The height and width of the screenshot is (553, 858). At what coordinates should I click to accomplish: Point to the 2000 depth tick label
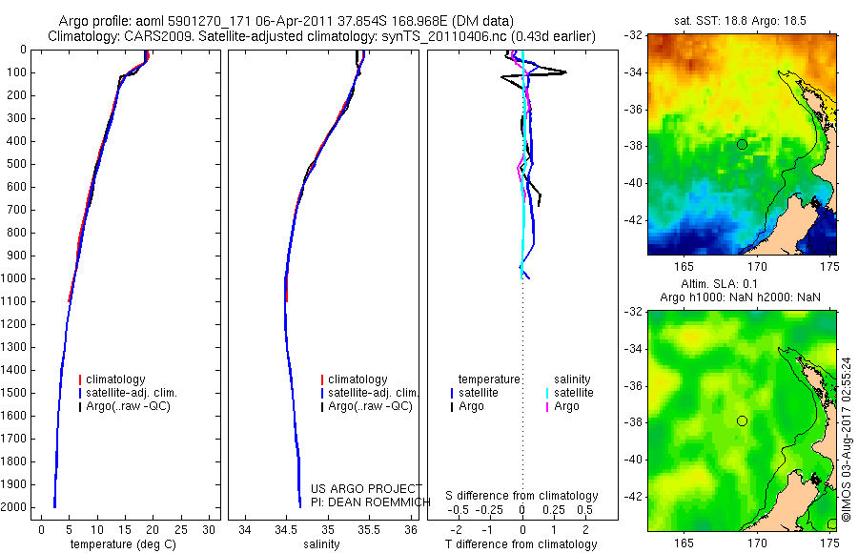tap(15, 507)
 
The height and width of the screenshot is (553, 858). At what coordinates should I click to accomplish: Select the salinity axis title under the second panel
tap(321, 544)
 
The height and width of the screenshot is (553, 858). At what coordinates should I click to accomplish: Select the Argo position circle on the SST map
tap(742, 144)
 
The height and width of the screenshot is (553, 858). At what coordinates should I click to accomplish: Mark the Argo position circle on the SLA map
tap(742, 420)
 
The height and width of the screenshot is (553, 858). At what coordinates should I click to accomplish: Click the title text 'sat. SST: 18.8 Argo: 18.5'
tap(741, 19)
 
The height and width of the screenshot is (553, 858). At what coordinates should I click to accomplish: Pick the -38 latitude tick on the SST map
tap(634, 146)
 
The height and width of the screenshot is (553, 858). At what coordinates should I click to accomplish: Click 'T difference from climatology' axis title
tap(521, 544)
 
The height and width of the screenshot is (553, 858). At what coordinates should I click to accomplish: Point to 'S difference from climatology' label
tap(521, 496)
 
